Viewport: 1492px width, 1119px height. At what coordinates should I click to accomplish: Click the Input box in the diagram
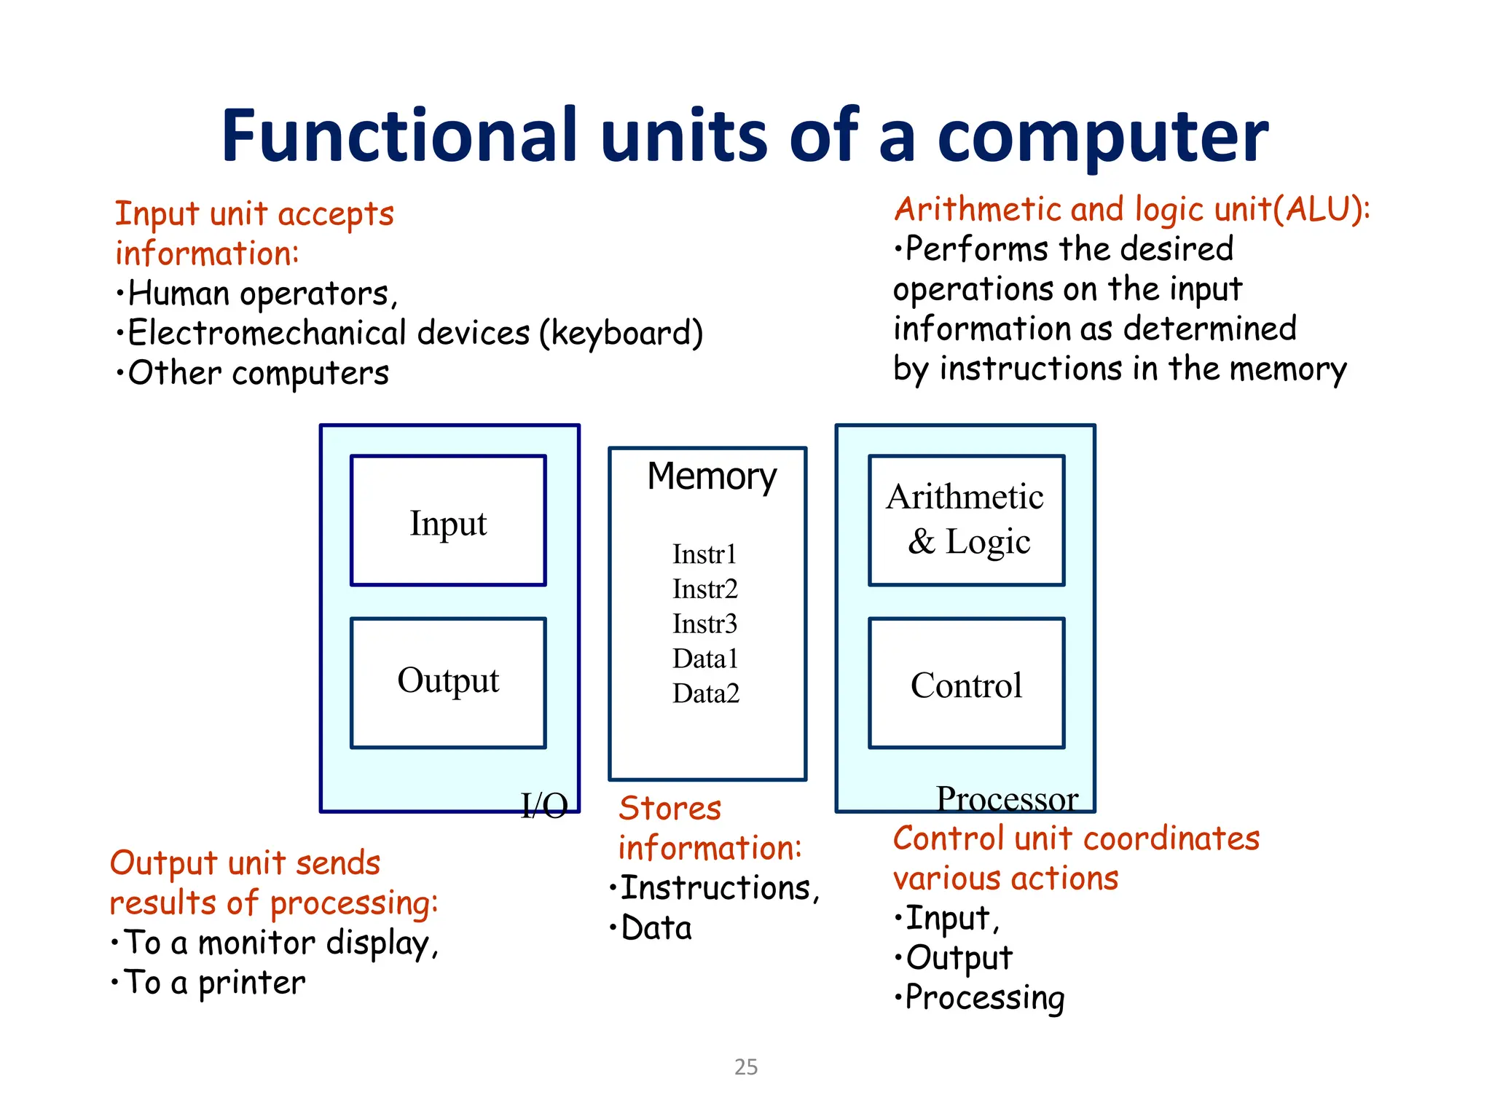(x=448, y=521)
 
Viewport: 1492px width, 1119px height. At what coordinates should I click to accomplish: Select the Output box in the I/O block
(x=448, y=682)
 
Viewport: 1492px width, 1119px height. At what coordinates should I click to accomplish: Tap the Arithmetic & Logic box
(x=966, y=520)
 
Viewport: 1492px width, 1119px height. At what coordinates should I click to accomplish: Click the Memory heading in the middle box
(x=712, y=477)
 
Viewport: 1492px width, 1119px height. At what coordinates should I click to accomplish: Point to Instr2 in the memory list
(x=704, y=589)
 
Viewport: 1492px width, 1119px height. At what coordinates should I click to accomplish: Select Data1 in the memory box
(x=704, y=659)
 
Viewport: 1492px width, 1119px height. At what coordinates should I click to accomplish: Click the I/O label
(x=544, y=806)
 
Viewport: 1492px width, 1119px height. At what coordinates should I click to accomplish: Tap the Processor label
(x=1007, y=799)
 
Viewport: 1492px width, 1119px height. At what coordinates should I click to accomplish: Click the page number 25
(x=746, y=1067)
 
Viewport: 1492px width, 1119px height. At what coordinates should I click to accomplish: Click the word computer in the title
(x=1102, y=136)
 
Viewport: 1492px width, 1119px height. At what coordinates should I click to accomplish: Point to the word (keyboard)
(x=621, y=334)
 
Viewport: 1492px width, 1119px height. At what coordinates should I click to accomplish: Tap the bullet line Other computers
(x=258, y=373)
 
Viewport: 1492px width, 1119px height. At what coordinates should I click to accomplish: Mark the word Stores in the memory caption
(x=670, y=809)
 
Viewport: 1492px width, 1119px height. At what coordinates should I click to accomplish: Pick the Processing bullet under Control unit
(x=983, y=997)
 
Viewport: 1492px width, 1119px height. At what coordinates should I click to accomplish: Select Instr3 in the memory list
(x=704, y=624)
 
